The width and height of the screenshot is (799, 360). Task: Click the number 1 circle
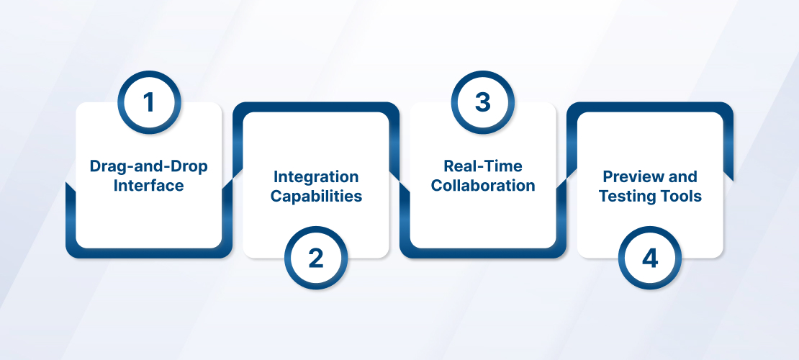149,102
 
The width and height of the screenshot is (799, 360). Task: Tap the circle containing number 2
316,258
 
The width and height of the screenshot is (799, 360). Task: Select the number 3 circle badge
482,102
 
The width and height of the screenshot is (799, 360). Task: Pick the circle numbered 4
650,258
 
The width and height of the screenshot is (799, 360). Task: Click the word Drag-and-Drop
149,166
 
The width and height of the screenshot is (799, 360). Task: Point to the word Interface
149,185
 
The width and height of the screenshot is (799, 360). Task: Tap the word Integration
316,177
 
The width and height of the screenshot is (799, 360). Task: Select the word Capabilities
316,197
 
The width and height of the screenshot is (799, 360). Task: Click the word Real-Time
482,166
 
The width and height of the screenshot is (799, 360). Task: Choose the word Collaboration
482,185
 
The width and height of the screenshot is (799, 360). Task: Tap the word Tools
680,197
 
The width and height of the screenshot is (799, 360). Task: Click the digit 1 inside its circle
148,102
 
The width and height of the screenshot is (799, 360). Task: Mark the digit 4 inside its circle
650,258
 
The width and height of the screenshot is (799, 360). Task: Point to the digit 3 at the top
482,102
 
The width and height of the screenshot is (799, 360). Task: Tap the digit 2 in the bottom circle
316,258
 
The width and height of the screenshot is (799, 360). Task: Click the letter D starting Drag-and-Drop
95,166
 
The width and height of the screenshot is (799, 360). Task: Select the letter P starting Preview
608,177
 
